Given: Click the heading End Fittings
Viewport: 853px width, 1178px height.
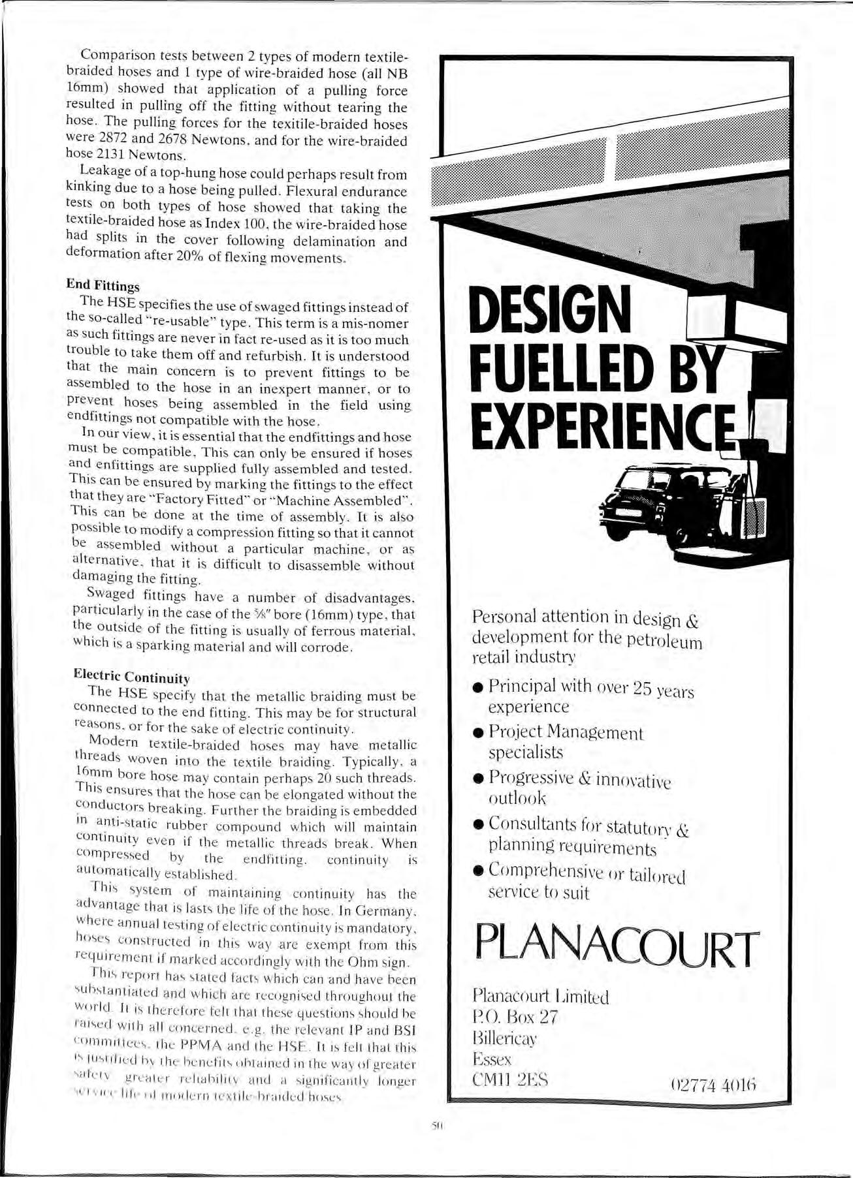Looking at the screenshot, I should click(103, 286).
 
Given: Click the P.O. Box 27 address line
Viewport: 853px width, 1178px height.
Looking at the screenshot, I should click(515, 1017).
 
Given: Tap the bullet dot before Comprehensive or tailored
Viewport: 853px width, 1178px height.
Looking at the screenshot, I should click(478, 871).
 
